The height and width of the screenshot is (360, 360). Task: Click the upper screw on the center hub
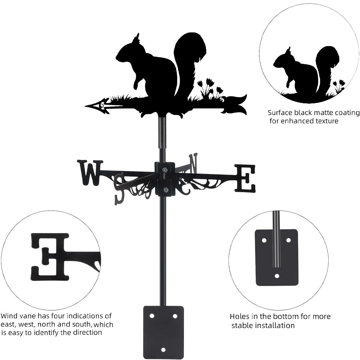point(165,170)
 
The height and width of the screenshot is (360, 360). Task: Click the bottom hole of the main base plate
point(163,350)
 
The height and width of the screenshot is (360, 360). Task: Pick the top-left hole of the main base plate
point(152,316)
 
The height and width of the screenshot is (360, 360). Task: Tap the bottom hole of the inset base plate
point(276,276)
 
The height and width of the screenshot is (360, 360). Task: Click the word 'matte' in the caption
point(323,113)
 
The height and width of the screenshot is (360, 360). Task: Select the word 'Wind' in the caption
point(9,316)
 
